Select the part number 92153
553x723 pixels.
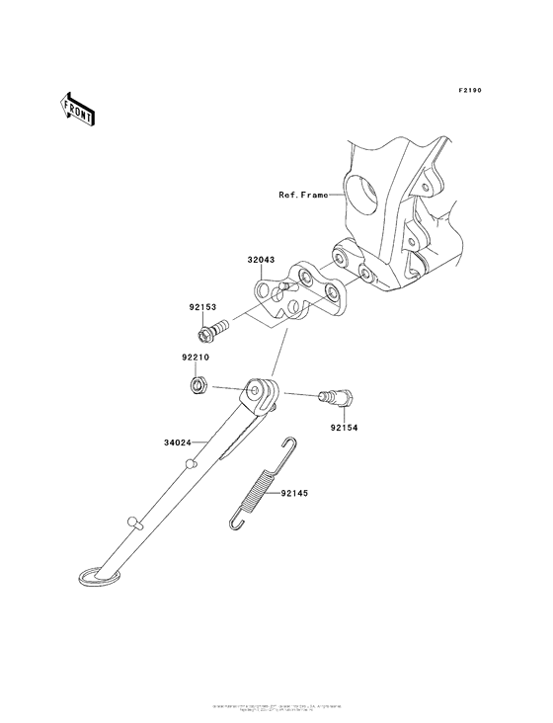202,307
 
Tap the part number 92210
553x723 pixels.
195,358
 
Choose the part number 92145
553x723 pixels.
294,491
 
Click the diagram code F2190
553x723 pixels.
470,91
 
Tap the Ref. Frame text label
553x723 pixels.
301,196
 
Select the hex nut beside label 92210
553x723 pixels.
197,383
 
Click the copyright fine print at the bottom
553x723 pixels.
276,709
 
